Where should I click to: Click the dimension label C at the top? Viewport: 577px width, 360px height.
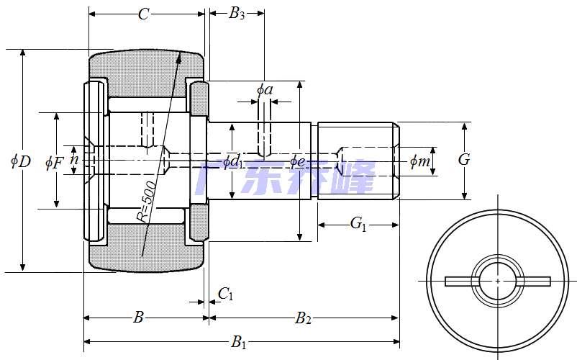[x=144, y=14]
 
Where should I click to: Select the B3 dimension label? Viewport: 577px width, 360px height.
[x=237, y=14]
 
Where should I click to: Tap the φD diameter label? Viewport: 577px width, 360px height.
[x=20, y=161]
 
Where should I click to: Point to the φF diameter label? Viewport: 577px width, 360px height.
[x=54, y=163]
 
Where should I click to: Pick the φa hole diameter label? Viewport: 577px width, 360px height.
[x=265, y=90]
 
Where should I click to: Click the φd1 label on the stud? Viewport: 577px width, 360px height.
[x=232, y=161]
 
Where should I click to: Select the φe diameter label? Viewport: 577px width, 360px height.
[x=298, y=161]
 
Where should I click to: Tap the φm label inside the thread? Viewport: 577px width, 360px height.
[x=419, y=161]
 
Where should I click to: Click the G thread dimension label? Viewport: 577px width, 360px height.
[x=464, y=160]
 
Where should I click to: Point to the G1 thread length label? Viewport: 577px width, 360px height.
[x=358, y=225]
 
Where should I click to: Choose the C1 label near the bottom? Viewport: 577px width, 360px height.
[x=226, y=294]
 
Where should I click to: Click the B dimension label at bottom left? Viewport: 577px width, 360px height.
[x=139, y=317]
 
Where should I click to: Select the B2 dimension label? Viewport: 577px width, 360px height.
[x=304, y=318]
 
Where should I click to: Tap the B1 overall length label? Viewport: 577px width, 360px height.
[x=239, y=343]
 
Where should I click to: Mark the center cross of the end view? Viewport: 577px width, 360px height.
[x=498, y=280]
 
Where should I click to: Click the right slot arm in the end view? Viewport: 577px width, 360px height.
[x=533, y=281]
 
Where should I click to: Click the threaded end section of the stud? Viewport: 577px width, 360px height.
[x=357, y=160]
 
